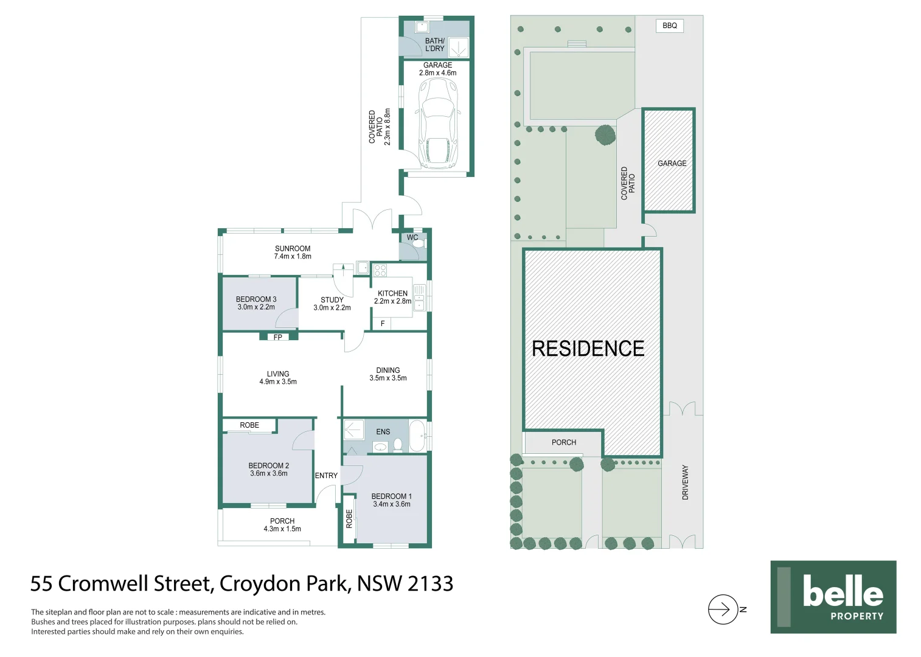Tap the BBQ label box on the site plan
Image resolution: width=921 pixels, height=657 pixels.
[x=669, y=26]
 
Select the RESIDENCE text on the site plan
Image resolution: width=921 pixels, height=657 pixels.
[x=588, y=349]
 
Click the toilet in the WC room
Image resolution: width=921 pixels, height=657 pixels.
[x=419, y=243]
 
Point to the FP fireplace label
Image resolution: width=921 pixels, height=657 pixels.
[x=278, y=337]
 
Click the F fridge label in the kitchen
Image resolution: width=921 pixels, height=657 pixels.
[x=383, y=324]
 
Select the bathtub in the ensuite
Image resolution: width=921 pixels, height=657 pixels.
[x=417, y=436]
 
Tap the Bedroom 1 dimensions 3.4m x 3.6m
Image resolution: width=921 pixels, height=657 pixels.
[x=392, y=504]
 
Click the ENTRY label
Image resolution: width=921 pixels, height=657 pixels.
[x=326, y=476]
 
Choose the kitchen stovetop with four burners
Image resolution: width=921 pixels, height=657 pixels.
[x=380, y=270]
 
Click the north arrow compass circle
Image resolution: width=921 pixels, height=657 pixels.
[x=723, y=609]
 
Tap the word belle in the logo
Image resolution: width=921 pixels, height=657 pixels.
[x=843, y=591]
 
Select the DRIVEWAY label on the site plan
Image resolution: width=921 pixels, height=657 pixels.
[x=686, y=482]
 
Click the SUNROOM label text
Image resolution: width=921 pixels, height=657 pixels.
[x=293, y=248]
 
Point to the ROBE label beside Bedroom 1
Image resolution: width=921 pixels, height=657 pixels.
[x=349, y=518]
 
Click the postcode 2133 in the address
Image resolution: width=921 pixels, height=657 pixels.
[x=430, y=584]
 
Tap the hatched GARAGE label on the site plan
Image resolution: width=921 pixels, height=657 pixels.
[x=672, y=163]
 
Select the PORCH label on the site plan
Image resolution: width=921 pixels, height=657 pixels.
[x=564, y=442]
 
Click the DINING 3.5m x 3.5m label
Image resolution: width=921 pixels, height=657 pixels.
[x=388, y=374]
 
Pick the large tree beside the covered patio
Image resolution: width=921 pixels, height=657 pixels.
[x=605, y=135]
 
